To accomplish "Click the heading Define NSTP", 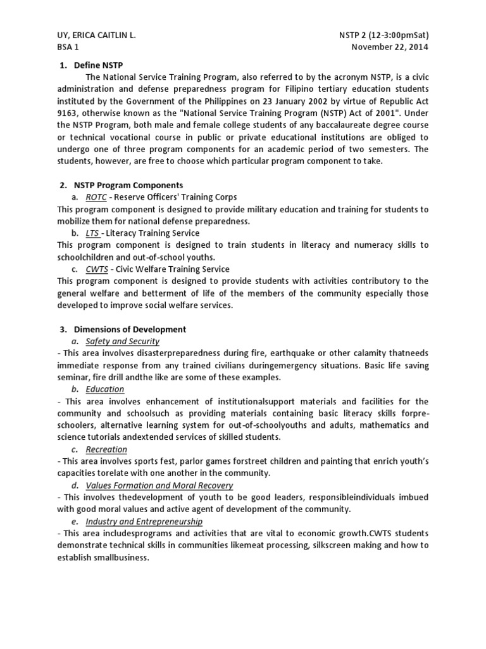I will (x=98, y=65).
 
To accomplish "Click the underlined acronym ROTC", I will (x=96, y=197).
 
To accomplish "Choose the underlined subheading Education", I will (x=104, y=389).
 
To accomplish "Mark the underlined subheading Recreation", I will (x=106, y=449).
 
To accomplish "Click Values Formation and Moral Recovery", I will (x=159, y=485).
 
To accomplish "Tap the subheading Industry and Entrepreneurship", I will (x=144, y=521).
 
